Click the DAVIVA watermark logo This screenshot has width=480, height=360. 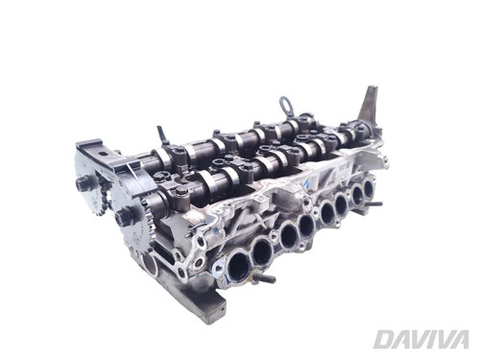point(421,339)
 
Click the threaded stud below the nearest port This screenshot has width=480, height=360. point(264,278)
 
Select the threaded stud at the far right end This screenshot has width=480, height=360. point(376,204)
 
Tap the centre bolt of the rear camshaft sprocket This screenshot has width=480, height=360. point(83,184)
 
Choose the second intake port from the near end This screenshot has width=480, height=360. point(261,250)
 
